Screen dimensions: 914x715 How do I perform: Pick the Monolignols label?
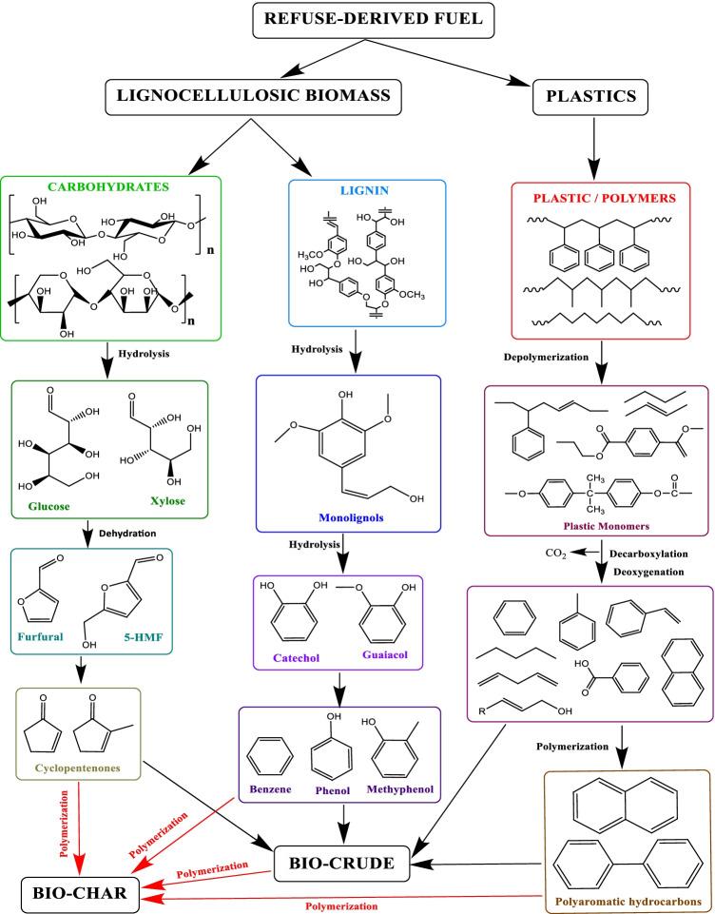pyautogui.click(x=351, y=521)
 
